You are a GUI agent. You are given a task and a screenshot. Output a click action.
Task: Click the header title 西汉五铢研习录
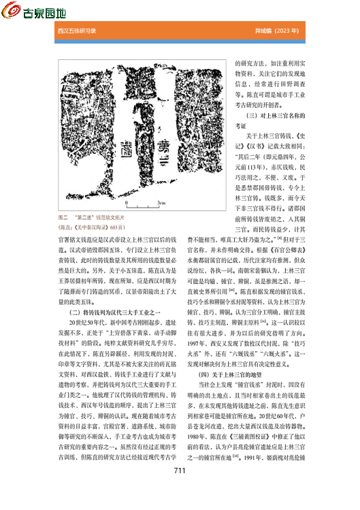77,31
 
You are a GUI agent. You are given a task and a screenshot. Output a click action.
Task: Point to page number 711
180,490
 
